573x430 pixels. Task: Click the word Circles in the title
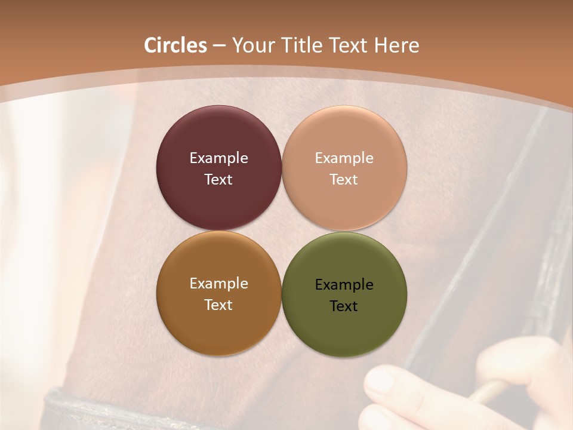[x=175, y=45]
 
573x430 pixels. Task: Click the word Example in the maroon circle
[x=218, y=158]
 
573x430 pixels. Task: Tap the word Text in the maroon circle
[x=218, y=180]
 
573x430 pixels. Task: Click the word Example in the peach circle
[x=344, y=158]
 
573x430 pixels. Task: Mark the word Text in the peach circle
[x=344, y=180]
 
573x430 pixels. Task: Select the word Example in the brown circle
[x=218, y=284]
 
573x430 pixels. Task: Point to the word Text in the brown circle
[x=218, y=305]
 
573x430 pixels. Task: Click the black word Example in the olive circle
[x=344, y=285]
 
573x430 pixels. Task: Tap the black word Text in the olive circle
[x=344, y=306]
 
